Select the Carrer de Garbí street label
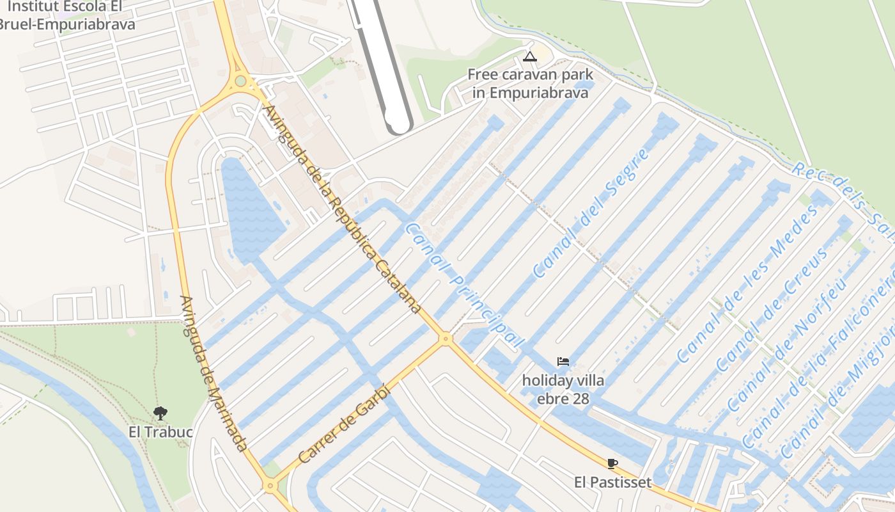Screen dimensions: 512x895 tap(343, 423)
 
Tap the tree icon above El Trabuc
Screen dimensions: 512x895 tap(160, 413)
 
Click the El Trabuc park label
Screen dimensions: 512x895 tap(160, 432)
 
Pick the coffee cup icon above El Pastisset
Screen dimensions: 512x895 tap(612, 463)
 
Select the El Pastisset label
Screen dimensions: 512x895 tap(612, 482)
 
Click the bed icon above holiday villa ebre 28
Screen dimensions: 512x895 tap(563, 362)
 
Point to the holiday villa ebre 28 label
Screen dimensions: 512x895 tap(563, 389)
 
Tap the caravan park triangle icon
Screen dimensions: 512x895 tap(529, 56)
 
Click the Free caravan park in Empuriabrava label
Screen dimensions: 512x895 tap(530, 83)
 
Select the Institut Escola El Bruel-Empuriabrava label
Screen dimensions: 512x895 tap(67, 16)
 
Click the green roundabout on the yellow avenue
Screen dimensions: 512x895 tap(240, 81)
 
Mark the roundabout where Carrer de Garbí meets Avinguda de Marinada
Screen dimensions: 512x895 tap(270, 486)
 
